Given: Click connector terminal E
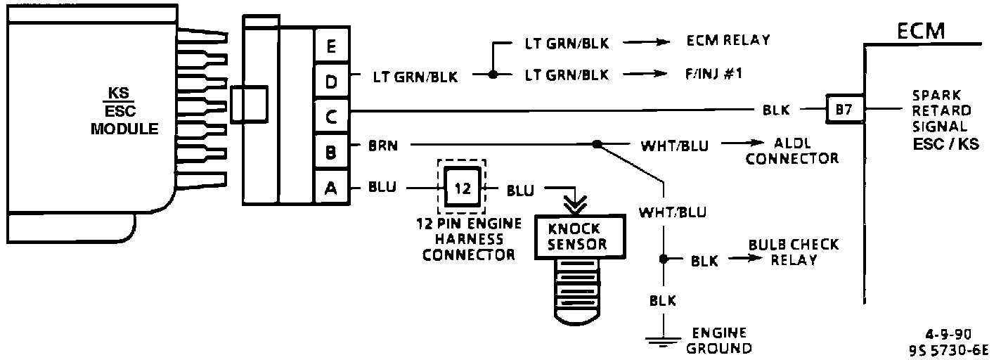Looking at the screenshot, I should [331, 48].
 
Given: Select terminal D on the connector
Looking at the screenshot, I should [331, 83].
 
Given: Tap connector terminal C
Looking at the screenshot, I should [331, 117].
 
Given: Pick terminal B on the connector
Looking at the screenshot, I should [331, 152].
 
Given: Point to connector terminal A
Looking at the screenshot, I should [331, 188].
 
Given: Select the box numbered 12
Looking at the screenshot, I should [462, 188].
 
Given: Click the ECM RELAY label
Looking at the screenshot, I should [728, 40].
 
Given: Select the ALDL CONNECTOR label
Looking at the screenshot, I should [792, 151].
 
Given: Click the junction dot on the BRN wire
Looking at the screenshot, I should [597, 144].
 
